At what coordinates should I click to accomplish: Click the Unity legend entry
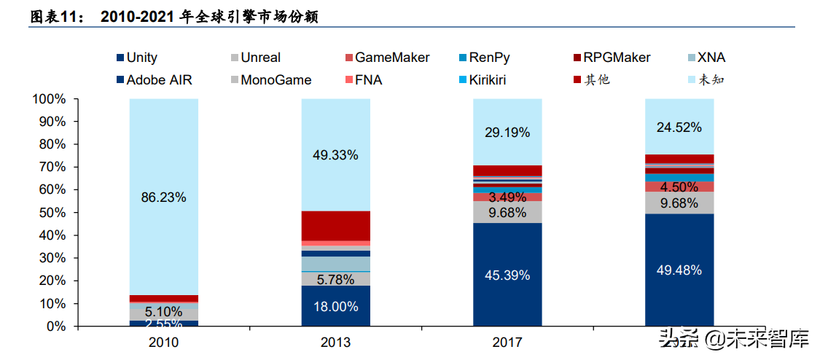click(x=141, y=58)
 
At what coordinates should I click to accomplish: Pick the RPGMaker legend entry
click(x=617, y=58)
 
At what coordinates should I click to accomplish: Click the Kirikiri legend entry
click(x=499, y=79)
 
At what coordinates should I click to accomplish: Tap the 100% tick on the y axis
click(x=50, y=99)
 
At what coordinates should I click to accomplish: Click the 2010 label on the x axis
click(x=163, y=342)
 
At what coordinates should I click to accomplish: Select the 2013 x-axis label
click(x=335, y=342)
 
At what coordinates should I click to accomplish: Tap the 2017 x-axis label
click(x=507, y=342)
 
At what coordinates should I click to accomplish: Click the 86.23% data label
click(x=163, y=197)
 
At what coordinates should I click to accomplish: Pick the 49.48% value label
click(x=679, y=270)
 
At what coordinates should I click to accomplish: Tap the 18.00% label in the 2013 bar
click(x=335, y=307)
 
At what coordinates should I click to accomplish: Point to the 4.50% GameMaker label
click(x=679, y=187)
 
